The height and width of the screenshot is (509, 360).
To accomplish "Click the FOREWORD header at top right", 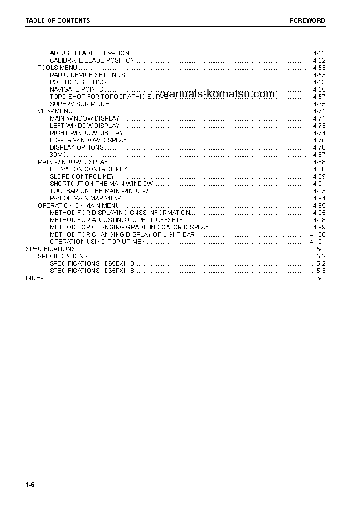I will [307, 20].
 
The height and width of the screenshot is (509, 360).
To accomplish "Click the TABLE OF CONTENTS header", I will [58, 20].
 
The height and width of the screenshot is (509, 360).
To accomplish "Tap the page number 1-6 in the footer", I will [30, 485].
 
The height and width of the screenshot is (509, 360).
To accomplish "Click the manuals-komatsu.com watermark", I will [217, 94].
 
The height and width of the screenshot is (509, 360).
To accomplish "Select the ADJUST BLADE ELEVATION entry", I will [89, 53].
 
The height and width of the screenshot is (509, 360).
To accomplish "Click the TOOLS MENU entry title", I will [57, 68].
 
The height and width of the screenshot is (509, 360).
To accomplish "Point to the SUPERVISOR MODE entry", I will [79, 104].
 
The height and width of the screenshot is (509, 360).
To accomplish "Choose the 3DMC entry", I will [58, 155].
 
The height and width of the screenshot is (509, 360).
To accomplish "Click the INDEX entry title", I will [35, 278].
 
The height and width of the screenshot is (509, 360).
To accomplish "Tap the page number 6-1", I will [321, 278].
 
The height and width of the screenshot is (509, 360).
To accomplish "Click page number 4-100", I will [317, 234].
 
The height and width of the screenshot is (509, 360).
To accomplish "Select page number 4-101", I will [317, 242].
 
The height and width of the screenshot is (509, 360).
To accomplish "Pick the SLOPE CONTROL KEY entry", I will [82, 176].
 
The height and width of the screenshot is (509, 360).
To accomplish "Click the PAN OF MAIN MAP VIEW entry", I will [85, 198].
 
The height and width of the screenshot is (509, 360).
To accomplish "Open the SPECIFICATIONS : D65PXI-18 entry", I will [92, 271].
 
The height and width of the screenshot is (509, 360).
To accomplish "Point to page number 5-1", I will [321, 249].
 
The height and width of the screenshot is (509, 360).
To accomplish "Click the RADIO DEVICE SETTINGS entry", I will [88, 75].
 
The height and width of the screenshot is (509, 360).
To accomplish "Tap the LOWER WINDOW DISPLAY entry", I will [88, 140].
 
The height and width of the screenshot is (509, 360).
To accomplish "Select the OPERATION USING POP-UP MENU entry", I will [99, 242].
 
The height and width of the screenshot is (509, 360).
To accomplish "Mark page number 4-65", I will [319, 104].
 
